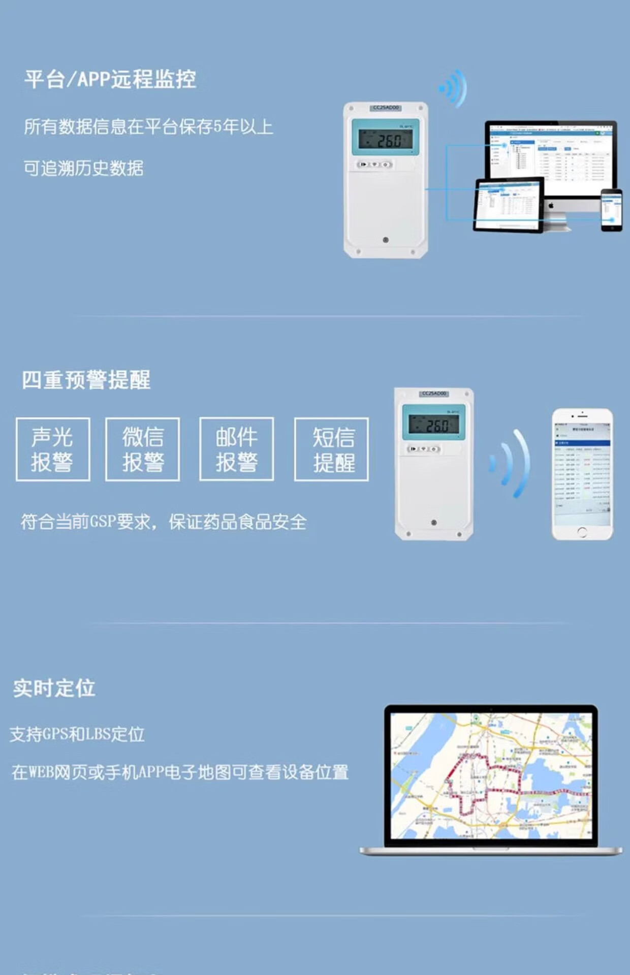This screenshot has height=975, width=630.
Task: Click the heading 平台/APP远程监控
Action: click(x=110, y=79)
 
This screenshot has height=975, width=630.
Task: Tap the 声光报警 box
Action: click(x=53, y=449)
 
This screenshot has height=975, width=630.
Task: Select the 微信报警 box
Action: click(x=143, y=449)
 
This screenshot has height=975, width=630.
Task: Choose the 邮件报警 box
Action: click(x=237, y=449)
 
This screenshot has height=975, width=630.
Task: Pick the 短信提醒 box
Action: click(x=332, y=449)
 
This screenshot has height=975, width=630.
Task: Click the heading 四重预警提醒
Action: click(x=86, y=380)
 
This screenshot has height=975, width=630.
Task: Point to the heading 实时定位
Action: click(x=54, y=688)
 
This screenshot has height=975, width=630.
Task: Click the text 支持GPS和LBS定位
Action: click(x=77, y=734)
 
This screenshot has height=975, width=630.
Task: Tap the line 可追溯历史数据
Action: click(x=84, y=168)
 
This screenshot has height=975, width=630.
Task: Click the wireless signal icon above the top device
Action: click(x=454, y=89)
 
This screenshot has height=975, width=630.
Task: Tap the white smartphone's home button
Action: click(x=582, y=532)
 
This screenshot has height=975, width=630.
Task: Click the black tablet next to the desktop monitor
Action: click(x=508, y=205)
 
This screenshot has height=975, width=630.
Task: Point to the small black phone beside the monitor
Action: click(x=611, y=210)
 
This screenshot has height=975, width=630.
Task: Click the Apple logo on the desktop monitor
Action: click(x=551, y=205)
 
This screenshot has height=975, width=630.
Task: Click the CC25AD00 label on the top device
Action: click(x=386, y=108)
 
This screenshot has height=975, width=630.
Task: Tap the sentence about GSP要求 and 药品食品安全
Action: click(x=164, y=522)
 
